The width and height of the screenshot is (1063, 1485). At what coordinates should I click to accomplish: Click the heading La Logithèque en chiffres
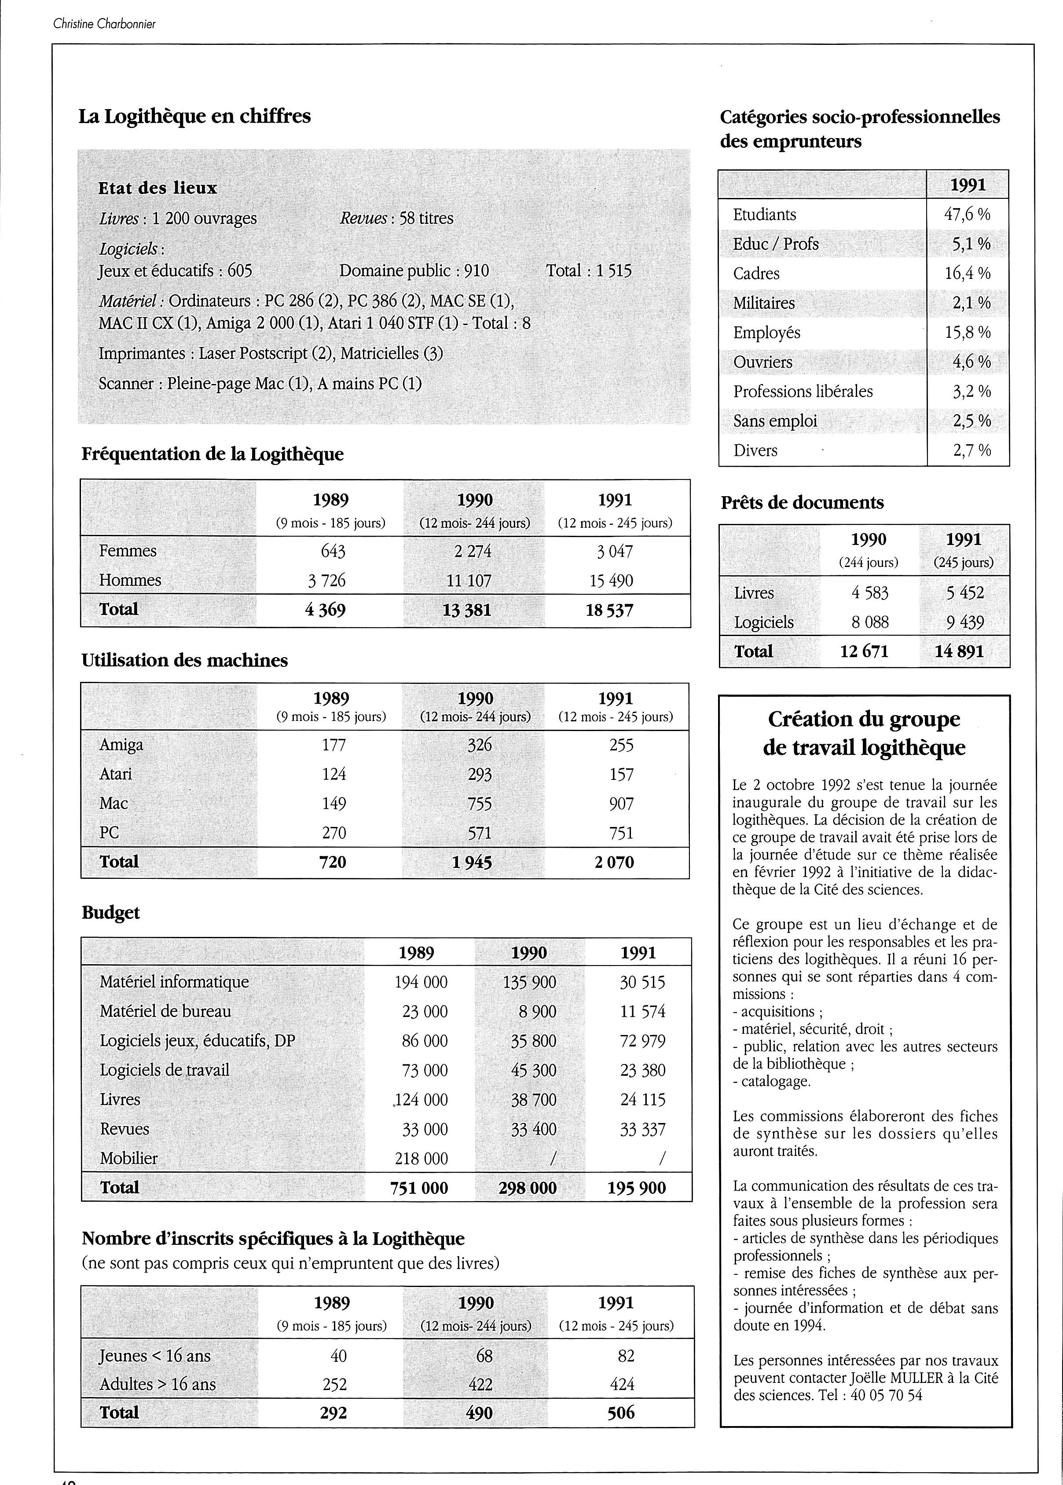194,117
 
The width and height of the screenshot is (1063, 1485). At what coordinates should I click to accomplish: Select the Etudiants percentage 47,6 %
967,215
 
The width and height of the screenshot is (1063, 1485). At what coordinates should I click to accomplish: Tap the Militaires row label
763,303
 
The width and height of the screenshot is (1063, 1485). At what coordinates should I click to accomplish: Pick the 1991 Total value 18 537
609,611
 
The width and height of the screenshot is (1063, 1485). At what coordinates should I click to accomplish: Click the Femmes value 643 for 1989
333,552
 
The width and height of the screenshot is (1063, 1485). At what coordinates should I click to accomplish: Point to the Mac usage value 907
621,804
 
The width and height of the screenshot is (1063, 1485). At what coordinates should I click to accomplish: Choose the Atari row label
115,774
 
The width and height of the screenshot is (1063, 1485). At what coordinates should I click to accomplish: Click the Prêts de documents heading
802,503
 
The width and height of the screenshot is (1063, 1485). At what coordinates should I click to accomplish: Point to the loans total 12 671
864,652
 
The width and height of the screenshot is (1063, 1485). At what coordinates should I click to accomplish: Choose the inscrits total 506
620,1412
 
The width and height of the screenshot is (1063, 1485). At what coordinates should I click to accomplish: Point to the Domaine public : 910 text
414,271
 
